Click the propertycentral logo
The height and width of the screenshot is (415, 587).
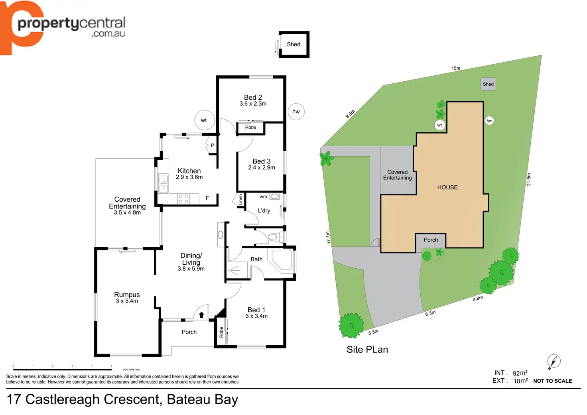(x=64, y=26)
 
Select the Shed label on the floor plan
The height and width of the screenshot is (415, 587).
(x=293, y=44)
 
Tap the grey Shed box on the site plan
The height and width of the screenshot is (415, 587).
(x=488, y=84)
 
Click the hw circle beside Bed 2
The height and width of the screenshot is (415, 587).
(x=296, y=112)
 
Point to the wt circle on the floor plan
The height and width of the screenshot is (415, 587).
(x=204, y=120)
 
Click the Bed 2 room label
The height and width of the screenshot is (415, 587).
(x=253, y=97)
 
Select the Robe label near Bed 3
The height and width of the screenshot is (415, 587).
(x=250, y=128)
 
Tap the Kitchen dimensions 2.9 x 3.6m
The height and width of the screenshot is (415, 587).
(x=189, y=177)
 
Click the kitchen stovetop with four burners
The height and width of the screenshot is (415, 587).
(x=183, y=199)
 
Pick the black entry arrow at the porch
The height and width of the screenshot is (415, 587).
(x=201, y=315)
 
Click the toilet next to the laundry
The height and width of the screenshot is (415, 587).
(x=273, y=238)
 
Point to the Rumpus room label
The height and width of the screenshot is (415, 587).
(x=127, y=295)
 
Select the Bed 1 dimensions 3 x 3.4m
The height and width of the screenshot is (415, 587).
(x=256, y=316)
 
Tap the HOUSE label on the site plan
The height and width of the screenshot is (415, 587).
(x=447, y=187)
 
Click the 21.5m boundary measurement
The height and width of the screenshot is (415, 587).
(x=529, y=179)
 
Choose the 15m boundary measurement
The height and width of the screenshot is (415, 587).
(x=456, y=68)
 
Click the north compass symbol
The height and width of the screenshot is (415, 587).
(x=554, y=361)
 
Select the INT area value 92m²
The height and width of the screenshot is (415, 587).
(x=520, y=373)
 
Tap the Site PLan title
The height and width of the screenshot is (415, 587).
(x=367, y=350)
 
